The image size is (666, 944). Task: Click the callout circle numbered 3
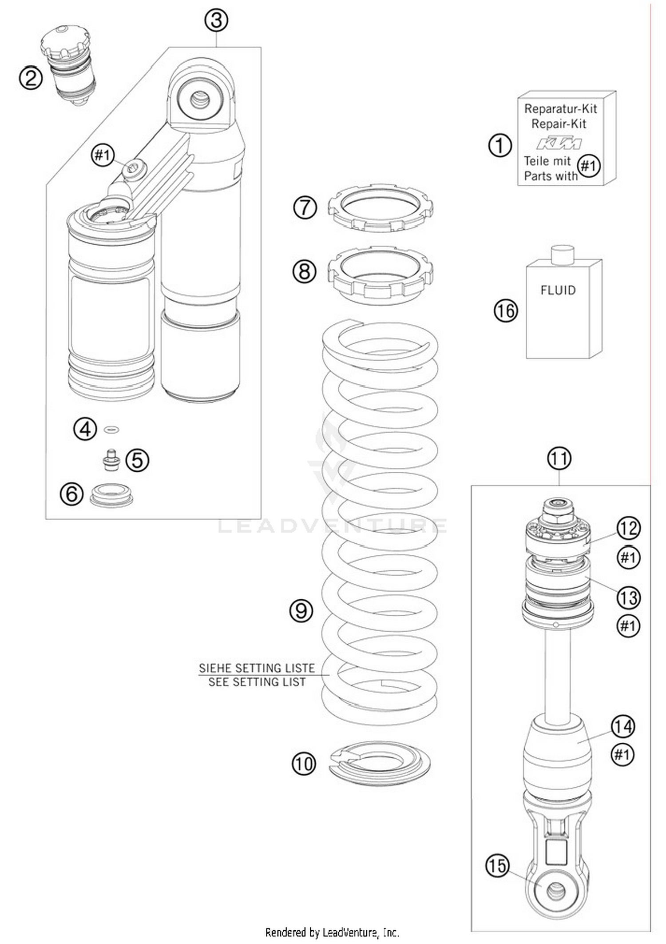pyautogui.click(x=216, y=20)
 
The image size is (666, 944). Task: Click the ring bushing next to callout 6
pyautogui.click(x=111, y=494)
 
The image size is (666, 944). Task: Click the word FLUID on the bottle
pyautogui.click(x=558, y=290)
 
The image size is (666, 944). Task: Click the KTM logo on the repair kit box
pyautogui.click(x=559, y=143)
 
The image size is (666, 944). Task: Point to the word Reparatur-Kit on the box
pyautogui.click(x=560, y=109)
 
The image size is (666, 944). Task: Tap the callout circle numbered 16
pyautogui.click(x=506, y=311)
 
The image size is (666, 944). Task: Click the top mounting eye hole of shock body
pyautogui.click(x=200, y=99)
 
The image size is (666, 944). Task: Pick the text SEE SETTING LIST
pyautogui.click(x=257, y=682)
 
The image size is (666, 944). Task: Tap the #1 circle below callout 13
pyautogui.click(x=628, y=626)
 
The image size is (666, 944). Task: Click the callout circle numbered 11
pyautogui.click(x=559, y=458)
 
